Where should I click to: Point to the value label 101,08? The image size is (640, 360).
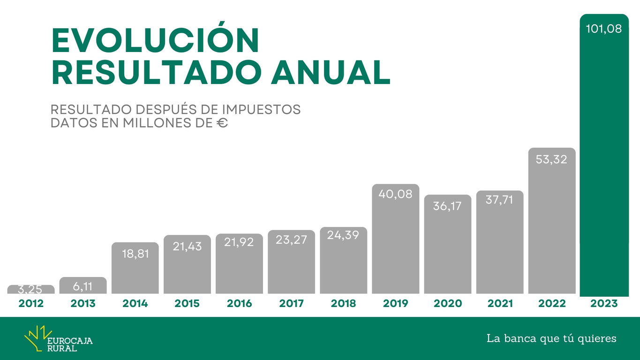pos(604,29)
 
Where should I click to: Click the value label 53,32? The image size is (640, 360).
pos(551,159)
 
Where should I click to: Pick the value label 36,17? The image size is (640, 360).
pos(447,206)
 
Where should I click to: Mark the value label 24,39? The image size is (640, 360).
pos(343,235)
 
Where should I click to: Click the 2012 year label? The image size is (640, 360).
pos(31,304)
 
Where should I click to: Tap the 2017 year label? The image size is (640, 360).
pos(291,304)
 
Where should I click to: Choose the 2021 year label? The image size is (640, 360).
pos(500,304)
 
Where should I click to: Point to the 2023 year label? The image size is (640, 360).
pos(604,304)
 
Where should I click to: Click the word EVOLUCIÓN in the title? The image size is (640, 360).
pos(155,41)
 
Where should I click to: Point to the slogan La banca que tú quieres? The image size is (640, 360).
pos(551,338)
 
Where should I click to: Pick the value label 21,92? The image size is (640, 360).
pos(239,242)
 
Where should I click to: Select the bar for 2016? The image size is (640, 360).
pos(239,272)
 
